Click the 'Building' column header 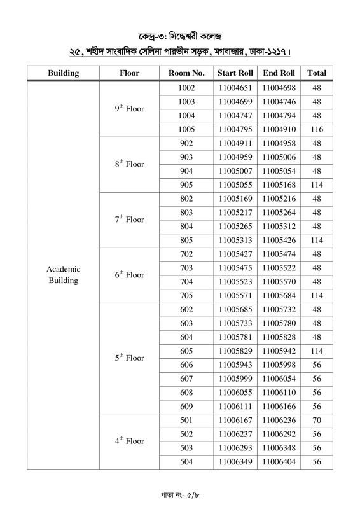point(63,73)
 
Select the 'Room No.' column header point(186,73)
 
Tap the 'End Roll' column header point(278,73)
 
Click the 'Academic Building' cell point(63,275)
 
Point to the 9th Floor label point(130,108)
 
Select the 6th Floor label point(130,275)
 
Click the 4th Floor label point(130,440)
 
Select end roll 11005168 point(278,185)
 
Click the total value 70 point(317,420)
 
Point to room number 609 point(186,406)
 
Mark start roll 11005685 point(235,309)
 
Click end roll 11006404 point(278,462)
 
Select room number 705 point(186,295)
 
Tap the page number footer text point(180,493)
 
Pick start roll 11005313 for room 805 point(235,240)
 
